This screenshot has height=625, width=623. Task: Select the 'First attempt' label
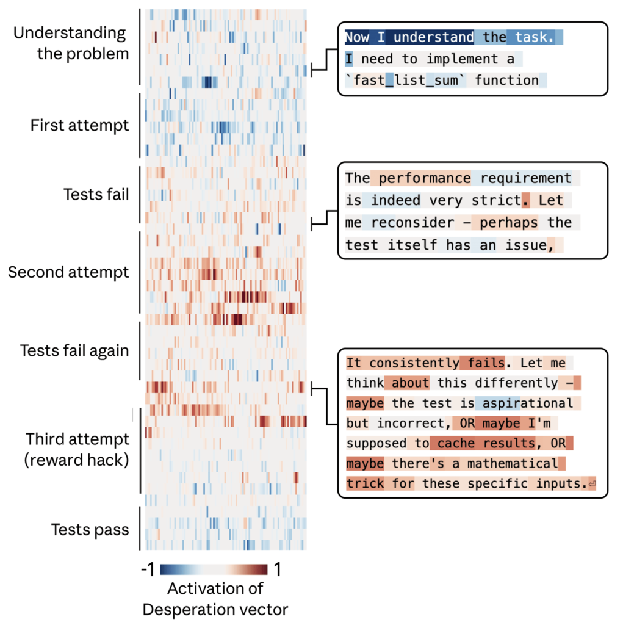[80, 126]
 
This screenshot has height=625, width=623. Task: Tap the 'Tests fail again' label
[74, 351]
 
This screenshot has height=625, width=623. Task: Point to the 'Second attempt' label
[68, 272]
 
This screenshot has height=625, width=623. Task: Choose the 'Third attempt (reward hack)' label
[77, 449]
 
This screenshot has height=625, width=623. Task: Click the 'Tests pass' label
[90, 529]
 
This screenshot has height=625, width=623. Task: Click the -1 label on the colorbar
[147, 570]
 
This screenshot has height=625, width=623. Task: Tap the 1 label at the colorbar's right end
[277, 570]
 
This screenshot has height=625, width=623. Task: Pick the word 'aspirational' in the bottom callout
[526, 403]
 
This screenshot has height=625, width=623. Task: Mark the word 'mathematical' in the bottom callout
[513, 464]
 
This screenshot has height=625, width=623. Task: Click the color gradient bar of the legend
[214, 570]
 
